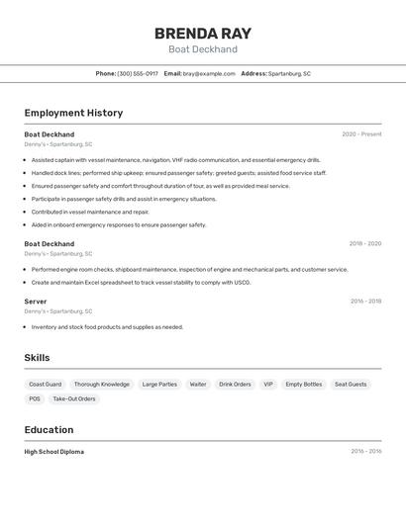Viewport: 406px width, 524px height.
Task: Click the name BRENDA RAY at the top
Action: pos(203,33)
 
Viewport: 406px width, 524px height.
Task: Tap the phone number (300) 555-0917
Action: pos(138,73)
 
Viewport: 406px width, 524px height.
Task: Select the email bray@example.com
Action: pos(209,73)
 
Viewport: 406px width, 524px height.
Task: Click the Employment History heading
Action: pos(73,113)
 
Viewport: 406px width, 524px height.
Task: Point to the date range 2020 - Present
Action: pos(361,134)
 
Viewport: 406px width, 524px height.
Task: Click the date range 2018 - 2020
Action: pos(364,243)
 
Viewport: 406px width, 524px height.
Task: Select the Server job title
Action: pos(36,302)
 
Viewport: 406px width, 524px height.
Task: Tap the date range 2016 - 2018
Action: pos(365,302)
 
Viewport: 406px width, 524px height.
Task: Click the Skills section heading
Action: pos(37,358)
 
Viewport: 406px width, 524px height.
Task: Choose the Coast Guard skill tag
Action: pos(46,385)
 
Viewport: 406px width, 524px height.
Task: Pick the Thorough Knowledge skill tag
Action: pos(102,385)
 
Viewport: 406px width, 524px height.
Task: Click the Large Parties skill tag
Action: pos(159,385)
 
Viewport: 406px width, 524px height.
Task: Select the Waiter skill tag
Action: pos(198,385)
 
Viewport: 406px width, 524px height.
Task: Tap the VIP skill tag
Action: pos(268,385)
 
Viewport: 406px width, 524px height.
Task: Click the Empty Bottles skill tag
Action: pos(304,385)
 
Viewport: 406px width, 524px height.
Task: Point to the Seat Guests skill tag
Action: pos(351,385)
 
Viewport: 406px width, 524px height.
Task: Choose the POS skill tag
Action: pos(35,399)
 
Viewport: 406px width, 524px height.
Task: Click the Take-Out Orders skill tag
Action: pos(74,399)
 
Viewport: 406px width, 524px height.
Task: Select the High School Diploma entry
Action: pos(53,452)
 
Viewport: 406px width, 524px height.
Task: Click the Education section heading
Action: pos(49,430)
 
